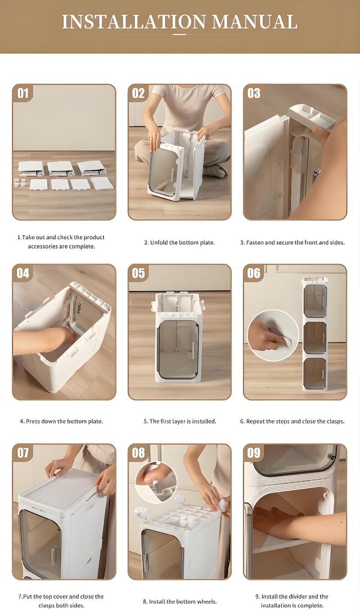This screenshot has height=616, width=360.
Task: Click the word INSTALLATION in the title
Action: (x=134, y=22)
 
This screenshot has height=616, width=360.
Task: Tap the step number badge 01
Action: (x=23, y=93)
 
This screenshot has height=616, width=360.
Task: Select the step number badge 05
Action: (x=139, y=273)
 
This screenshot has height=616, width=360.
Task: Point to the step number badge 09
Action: (x=254, y=453)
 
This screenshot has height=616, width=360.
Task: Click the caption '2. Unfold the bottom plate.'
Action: (x=180, y=242)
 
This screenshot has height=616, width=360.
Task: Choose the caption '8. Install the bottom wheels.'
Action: (x=180, y=601)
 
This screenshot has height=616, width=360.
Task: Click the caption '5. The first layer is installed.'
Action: (x=180, y=421)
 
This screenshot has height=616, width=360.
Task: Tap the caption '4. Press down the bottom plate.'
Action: (x=61, y=421)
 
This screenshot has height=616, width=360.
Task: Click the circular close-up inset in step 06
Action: (x=273, y=335)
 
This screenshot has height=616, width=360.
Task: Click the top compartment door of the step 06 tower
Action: (x=315, y=301)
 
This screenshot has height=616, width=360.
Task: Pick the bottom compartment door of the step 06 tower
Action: (x=315, y=373)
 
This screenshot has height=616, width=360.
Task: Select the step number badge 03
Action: (x=254, y=93)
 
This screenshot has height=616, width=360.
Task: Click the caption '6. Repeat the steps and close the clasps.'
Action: (x=292, y=421)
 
